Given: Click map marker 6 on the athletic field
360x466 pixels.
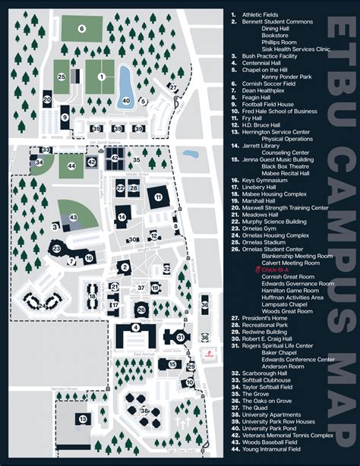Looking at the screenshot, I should [81, 29].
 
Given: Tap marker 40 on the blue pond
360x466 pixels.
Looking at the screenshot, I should [126, 100].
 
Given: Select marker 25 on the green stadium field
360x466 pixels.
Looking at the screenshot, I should [62, 77].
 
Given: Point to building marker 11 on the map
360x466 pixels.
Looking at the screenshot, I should [158, 197].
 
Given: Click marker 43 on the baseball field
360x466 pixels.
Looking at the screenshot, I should [74, 218].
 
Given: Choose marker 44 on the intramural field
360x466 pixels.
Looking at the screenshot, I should [71, 165].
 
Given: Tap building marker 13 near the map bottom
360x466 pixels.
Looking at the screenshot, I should [81, 418].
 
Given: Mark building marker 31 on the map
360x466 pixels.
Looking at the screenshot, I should [180, 337].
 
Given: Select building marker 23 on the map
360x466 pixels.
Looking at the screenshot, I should [56, 248].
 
